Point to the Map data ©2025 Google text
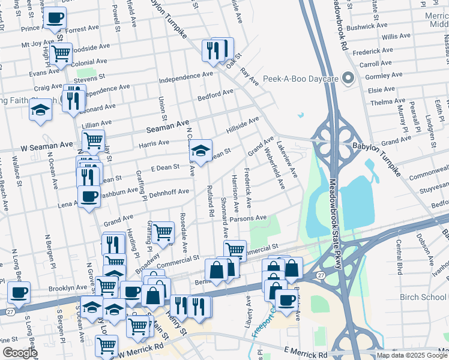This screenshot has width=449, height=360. click(412, 355)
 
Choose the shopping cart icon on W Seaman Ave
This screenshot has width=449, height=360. click(93, 140)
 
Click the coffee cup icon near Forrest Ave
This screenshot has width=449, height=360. click(55, 18)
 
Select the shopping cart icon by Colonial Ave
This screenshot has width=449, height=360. click(61, 53)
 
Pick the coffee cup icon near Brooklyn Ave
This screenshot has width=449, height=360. click(19, 292)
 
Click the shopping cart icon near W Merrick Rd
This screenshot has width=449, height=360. click(106, 345)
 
